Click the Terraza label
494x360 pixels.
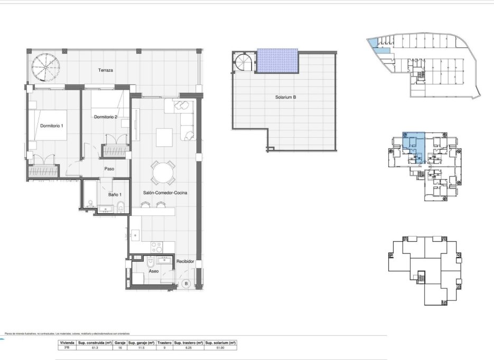coord(106,70)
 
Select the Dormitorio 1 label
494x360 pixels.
coord(52,126)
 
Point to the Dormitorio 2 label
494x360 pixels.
coord(105,117)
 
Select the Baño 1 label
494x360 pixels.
coord(116,195)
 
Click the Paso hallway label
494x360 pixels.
coord(110,169)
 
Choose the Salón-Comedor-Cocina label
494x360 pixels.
coord(165,193)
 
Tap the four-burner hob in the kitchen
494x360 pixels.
coord(156,247)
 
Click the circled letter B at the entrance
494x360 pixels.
coord(185,283)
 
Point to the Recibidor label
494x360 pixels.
coord(185,261)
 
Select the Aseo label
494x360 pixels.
coord(154,271)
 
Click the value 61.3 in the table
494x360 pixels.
coord(95,347)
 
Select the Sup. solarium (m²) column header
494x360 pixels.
coord(221,343)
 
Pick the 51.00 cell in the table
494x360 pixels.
coord(221,347)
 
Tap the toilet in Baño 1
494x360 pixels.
coord(120,206)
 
